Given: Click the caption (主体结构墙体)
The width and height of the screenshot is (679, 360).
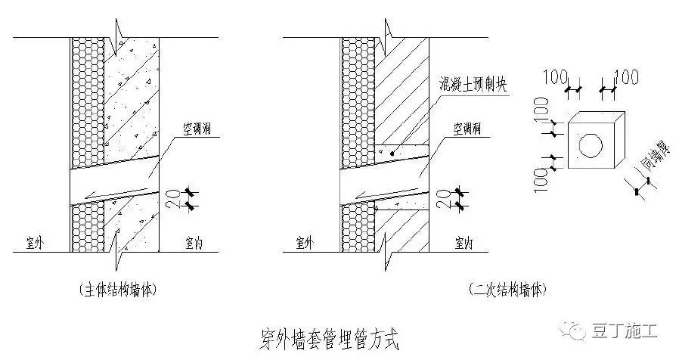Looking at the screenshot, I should click(x=119, y=290).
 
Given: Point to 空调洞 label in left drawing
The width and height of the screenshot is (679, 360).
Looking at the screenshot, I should click(x=201, y=131).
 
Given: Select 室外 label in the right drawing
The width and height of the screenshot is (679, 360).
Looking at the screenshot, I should click(x=304, y=243).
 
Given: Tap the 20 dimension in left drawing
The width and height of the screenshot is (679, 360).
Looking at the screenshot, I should click(x=173, y=198).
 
